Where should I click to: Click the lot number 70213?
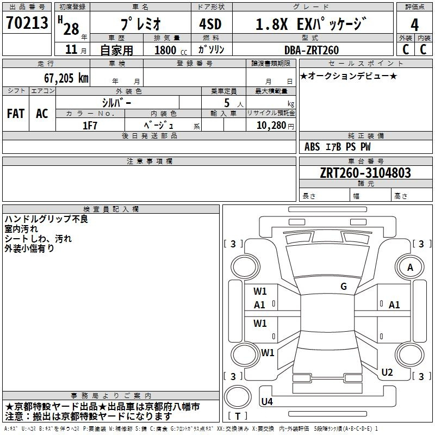click(27, 23)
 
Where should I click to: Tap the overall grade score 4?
click(414, 25)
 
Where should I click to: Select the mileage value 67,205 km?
click(66, 78)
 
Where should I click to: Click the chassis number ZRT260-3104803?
click(365, 172)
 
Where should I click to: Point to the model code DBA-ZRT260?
click(312, 50)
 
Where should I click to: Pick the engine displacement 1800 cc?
click(171, 50)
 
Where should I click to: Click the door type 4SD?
click(210, 24)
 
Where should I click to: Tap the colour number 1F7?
click(90, 126)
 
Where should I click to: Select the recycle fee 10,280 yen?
click(275, 126)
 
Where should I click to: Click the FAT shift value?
click(16, 114)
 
